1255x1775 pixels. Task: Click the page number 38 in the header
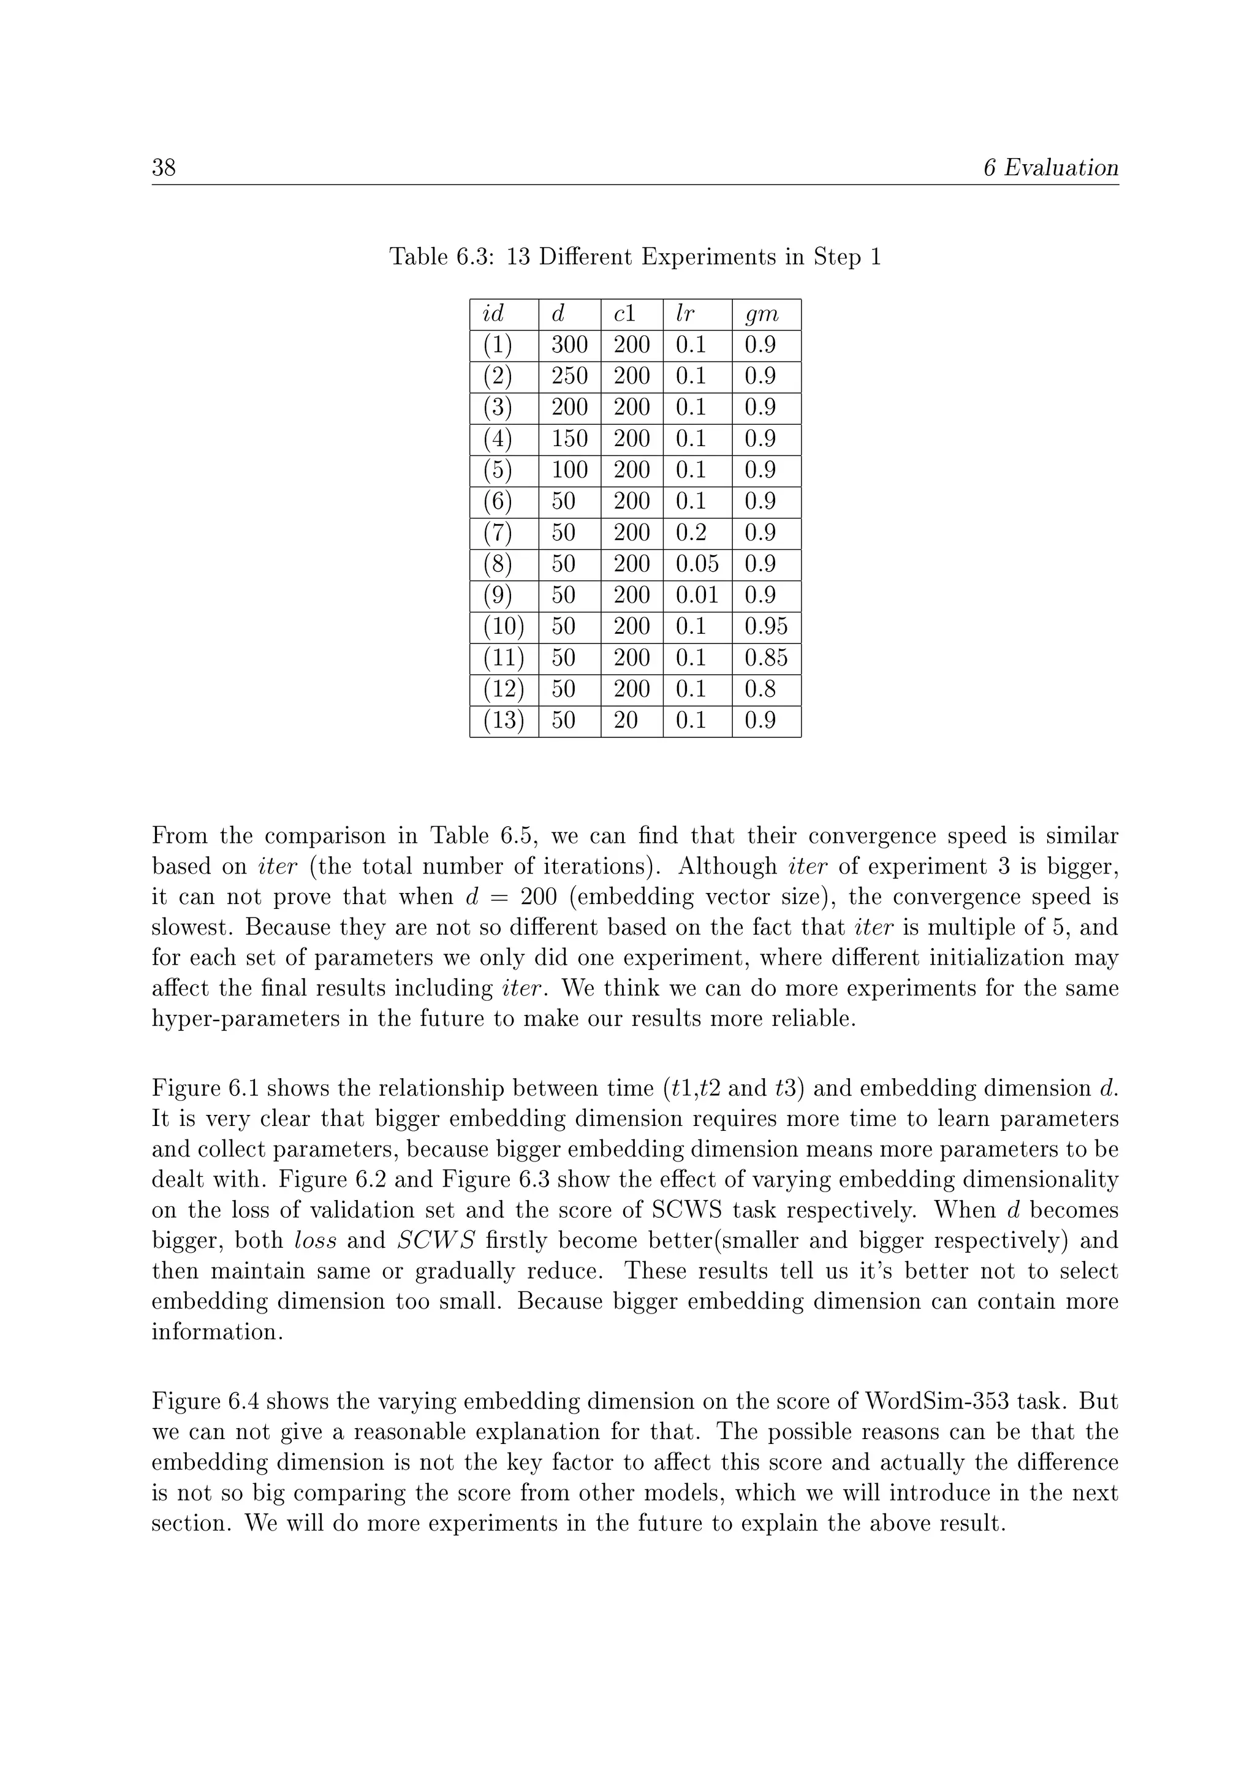(164, 168)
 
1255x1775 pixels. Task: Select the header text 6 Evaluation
(1050, 168)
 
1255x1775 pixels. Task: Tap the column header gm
(761, 314)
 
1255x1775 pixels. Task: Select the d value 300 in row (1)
(569, 345)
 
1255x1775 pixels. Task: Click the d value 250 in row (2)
(569, 376)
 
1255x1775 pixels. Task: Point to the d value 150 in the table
(569, 439)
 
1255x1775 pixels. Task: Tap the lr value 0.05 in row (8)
(697, 564)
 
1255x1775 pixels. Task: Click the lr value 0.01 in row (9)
(697, 595)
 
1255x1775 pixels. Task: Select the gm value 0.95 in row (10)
(766, 627)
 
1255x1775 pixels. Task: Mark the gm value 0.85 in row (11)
(766, 658)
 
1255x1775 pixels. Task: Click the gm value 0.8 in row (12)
(760, 690)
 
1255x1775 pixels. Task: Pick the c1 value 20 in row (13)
(625, 721)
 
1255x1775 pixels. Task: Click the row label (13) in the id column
(503, 721)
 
